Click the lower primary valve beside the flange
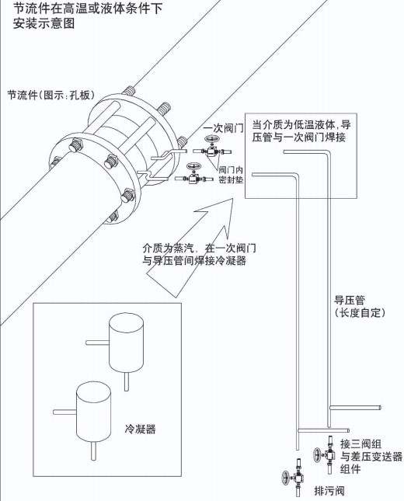(192, 179)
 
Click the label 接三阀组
(361, 444)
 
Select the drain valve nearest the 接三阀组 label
(319, 456)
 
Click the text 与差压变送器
(371, 457)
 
